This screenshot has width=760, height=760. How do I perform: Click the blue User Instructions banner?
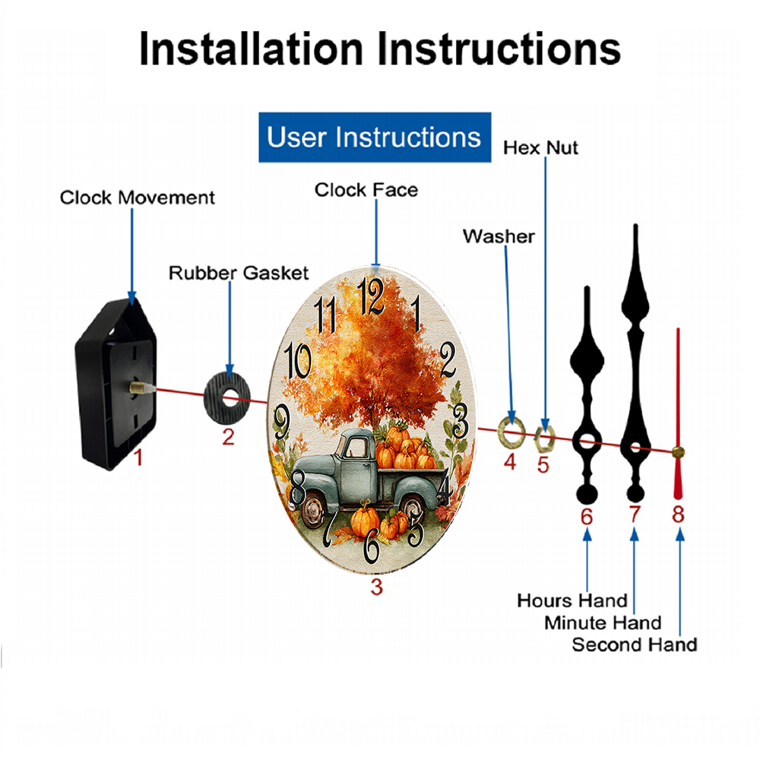pyautogui.click(x=375, y=137)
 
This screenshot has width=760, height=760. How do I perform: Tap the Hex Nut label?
pyautogui.click(x=540, y=148)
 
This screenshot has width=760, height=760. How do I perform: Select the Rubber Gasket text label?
pyautogui.click(x=239, y=273)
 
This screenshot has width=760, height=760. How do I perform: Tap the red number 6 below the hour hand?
pyautogui.click(x=587, y=517)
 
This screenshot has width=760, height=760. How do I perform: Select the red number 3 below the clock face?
pyautogui.click(x=377, y=587)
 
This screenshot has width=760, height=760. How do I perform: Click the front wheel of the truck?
pyautogui.click(x=314, y=509)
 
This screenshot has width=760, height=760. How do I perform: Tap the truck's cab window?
pyautogui.click(x=357, y=447)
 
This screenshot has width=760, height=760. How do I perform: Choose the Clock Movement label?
pyautogui.click(x=137, y=198)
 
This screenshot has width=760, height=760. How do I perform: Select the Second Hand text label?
pyautogui.click(x=635, y=644)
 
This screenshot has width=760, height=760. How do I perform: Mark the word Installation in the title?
pyautogui.click(x=251, y=49)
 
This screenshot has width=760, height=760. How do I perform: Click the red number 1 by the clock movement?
pyautogui.click(x=138, y=457)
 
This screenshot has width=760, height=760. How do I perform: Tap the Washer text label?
pyautogui.click(x=499, y=236)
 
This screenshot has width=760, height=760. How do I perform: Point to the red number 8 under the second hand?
pyautogui.click(x=678, y=514)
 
